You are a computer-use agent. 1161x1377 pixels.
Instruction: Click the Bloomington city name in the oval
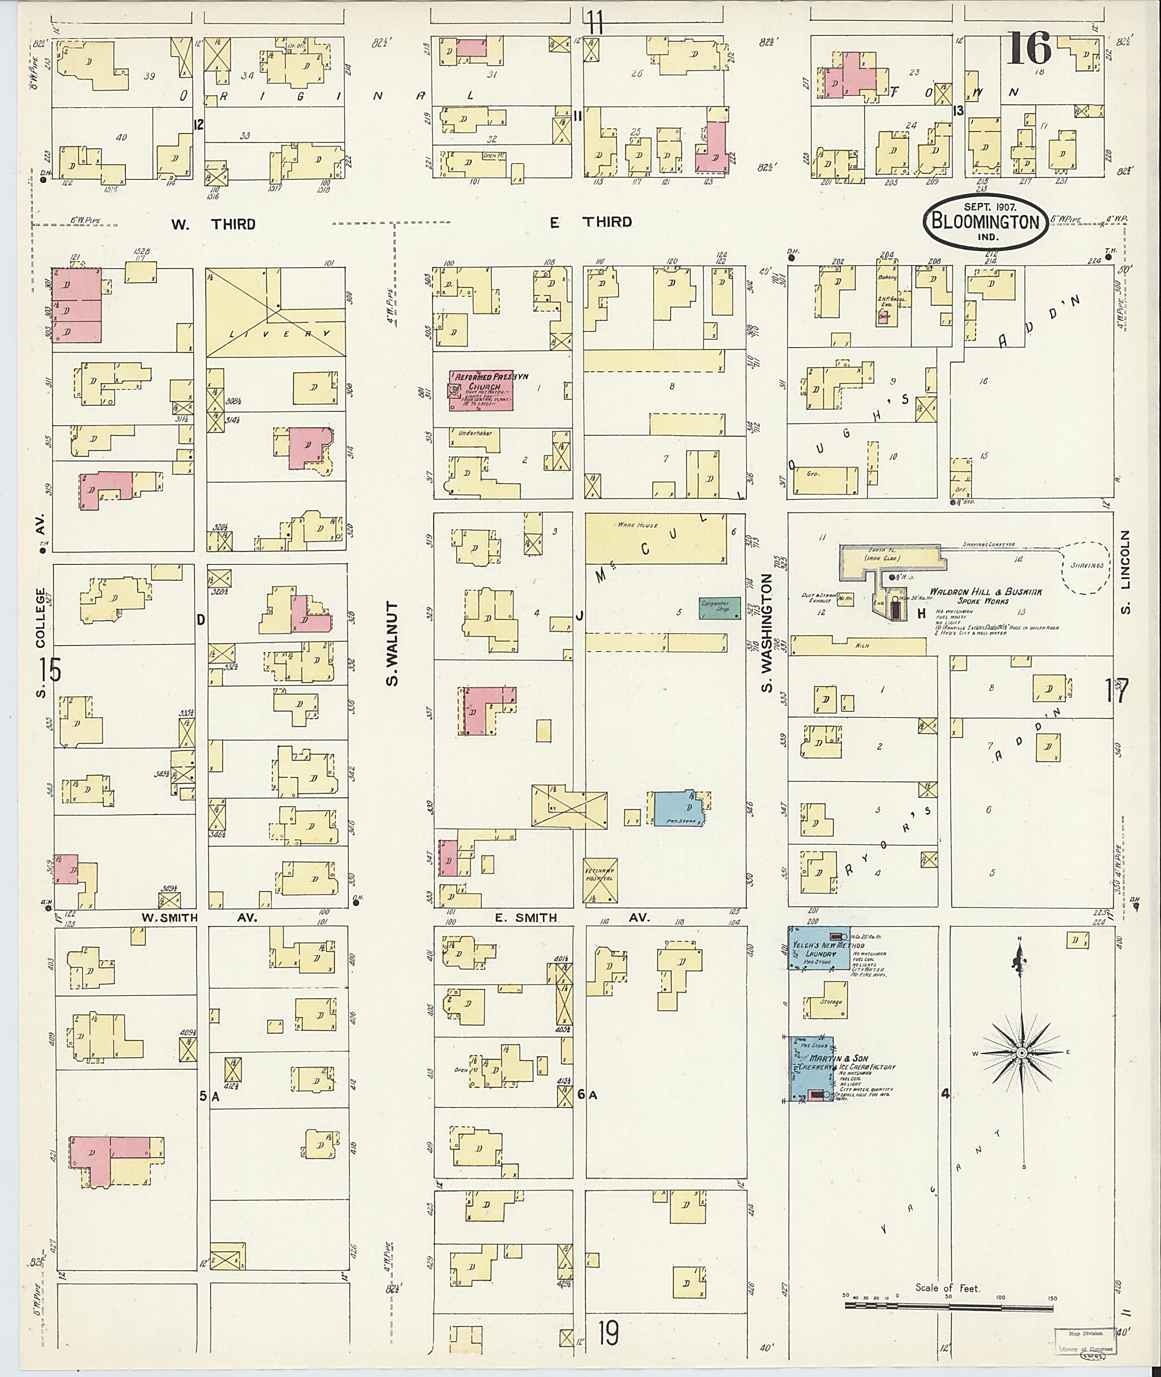(984, 222)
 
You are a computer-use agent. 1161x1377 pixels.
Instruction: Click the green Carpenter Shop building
(719, 608)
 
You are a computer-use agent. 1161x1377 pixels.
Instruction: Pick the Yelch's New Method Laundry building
(818, 948)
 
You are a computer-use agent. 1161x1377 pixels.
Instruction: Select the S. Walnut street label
(393, 642)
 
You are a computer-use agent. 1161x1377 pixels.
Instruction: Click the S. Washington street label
(767, 632)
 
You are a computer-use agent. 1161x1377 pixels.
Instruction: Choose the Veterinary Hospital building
(600, 879)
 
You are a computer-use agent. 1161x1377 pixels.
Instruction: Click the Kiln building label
(862, 645)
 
